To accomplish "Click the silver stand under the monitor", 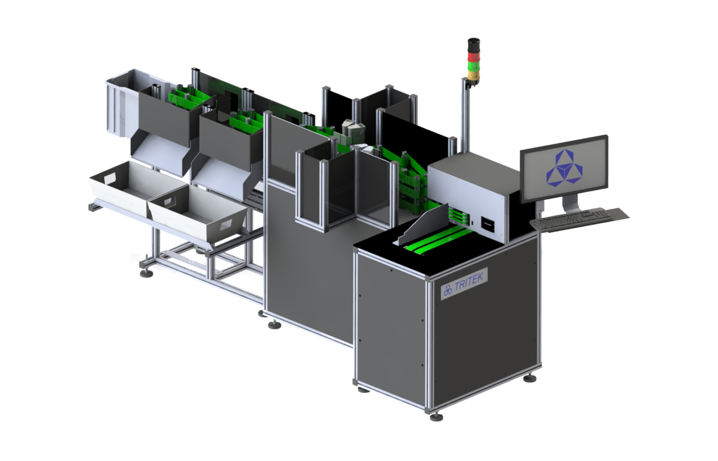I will (x=569, y=203).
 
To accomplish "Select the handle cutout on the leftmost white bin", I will (x=111, y=178).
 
